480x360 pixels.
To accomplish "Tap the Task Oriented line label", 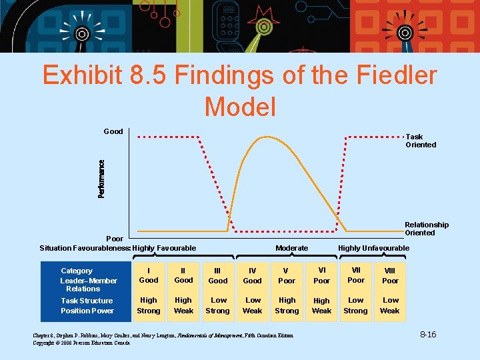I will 421,141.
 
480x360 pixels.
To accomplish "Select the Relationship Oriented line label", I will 426,229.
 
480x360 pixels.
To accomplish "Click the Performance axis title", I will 101,179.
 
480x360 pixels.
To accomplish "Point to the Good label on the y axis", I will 113,131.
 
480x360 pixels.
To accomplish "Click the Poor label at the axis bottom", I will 115,239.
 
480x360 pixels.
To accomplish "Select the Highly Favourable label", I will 164,248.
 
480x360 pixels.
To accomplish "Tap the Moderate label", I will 291,248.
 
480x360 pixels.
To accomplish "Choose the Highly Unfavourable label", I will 373,248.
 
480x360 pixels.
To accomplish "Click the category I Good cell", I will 149,275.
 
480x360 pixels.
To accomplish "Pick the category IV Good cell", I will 252,276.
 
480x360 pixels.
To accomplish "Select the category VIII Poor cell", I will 390,276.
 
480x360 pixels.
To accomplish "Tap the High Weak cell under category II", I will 183,305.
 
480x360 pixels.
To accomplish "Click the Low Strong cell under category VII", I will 355,305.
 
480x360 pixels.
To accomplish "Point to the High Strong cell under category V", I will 287,305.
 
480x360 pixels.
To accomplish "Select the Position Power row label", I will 87,311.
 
